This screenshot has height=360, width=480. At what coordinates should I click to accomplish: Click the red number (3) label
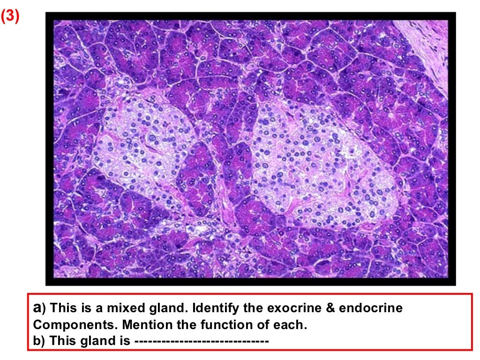[10, 16]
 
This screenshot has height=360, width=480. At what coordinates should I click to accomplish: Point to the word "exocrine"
[297, 308]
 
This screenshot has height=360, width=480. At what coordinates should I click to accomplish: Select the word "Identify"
[213, 308]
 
